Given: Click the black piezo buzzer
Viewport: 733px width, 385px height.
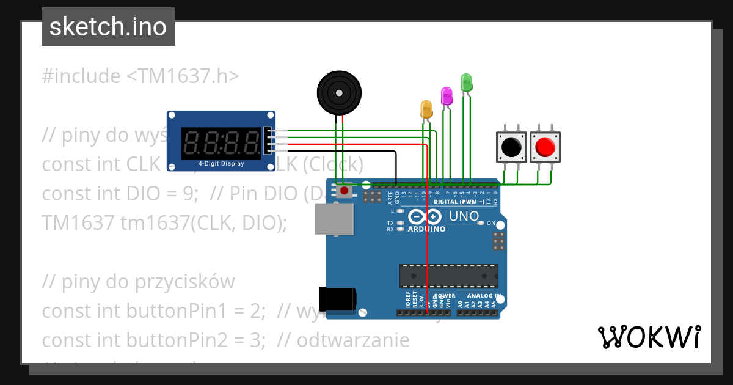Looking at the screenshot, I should (339, 92).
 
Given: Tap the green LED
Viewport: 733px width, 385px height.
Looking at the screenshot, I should (466, 82).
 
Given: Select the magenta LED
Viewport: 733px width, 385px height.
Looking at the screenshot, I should (447, 96).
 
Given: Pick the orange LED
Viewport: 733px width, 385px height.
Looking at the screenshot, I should (426, 109).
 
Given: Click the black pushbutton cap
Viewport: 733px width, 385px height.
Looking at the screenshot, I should (511, 147).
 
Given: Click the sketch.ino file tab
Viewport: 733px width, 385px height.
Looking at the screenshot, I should (108, 27).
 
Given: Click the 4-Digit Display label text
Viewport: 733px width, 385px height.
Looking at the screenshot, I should (221, 164).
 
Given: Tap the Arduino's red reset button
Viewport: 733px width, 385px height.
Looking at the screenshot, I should (345, 191).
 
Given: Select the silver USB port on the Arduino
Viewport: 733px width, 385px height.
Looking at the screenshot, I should (334, 219).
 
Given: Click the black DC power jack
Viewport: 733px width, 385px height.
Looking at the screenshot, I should (337, 299).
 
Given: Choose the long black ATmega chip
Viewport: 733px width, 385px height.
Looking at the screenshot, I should (448, 276).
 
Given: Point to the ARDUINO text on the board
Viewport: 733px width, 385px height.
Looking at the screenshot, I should (426, 229).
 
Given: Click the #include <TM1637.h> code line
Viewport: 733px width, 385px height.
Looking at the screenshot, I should (140, 76).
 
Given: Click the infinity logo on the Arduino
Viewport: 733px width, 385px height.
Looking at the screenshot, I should (425, 216).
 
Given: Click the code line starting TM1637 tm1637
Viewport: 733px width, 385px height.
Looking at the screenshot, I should (164, 223).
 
